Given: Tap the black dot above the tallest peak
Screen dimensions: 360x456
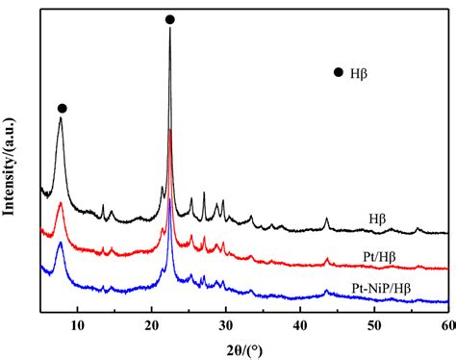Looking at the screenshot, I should click(170, 19).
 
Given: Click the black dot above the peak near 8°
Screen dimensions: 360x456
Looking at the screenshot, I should click(62, 108).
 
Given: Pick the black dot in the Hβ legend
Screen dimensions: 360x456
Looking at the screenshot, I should click(338, 72).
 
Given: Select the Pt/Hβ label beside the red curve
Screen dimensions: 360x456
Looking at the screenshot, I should click(382, 254).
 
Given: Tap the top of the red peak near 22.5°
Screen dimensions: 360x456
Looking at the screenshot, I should click(170, 130).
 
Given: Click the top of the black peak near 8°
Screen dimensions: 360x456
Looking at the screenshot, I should click(61, 117).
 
